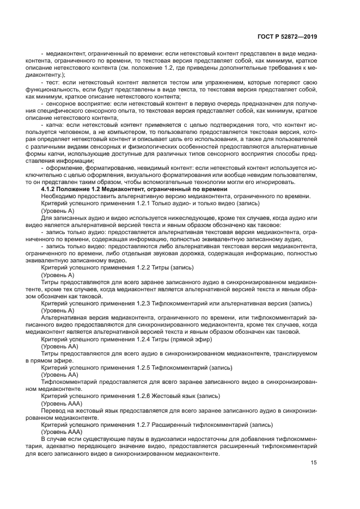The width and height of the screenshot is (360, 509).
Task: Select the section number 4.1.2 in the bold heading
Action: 50,188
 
